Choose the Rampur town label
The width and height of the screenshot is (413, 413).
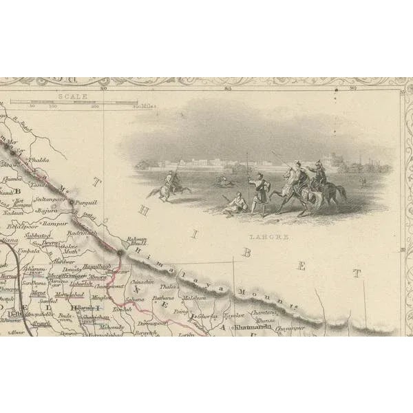(53, 224)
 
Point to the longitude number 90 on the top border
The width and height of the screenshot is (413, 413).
(353, 87)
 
